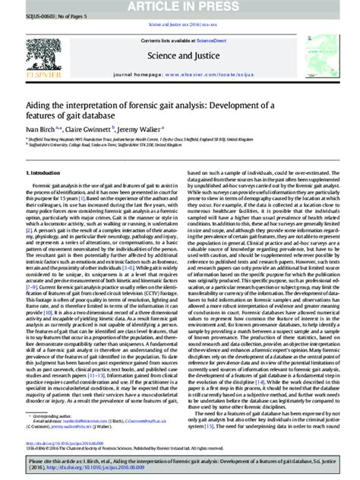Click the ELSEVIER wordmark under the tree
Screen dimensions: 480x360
tap(39, 75)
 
